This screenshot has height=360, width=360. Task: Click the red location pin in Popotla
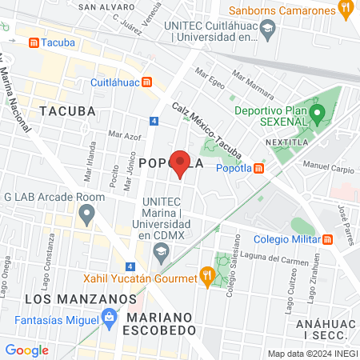[181, 162]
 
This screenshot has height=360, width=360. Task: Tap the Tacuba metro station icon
[33, 42]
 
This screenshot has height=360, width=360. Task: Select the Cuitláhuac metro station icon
[147, 82]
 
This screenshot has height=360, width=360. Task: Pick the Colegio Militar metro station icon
[328, 239]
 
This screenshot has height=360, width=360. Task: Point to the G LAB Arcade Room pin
[87, 214]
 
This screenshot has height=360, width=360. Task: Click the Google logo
[27, 350]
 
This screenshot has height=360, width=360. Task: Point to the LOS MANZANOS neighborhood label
[80, 298]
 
